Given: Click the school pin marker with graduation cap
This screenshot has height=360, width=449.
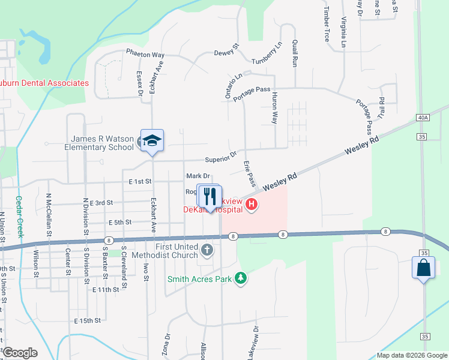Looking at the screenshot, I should [x=152, y=141].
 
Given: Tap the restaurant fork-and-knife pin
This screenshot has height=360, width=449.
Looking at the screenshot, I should [x=209, y=195].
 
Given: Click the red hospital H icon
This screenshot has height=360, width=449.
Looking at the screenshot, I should [x=252, y=205].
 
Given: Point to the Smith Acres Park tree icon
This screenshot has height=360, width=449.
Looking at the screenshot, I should [x=241, y=278].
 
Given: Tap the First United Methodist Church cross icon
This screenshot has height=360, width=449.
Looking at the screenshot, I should [x=207, y=250].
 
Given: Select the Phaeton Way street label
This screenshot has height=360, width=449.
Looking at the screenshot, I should [x=145, y=53].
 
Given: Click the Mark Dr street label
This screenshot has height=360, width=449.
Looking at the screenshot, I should [x=198, y=176].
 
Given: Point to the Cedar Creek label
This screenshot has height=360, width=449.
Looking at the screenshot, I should [x=19, y=217].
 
